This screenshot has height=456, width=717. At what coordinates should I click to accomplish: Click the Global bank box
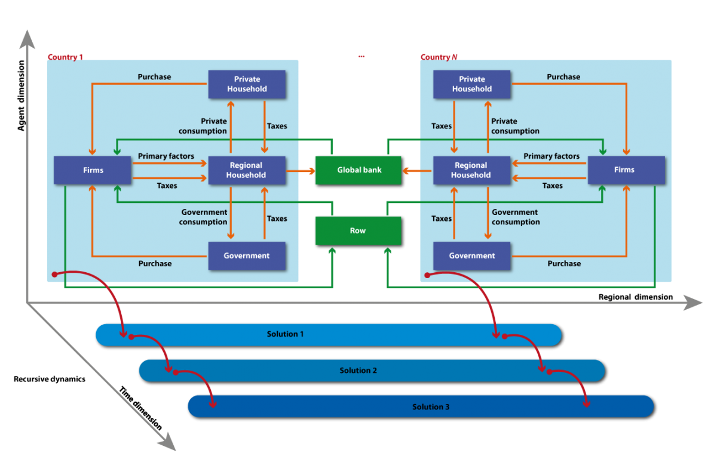coord(358,170)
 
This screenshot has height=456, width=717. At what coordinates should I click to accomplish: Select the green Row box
coord(358,230)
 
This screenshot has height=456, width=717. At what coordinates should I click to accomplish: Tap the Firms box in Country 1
coord(93,170)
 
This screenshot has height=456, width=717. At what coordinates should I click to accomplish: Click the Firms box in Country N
coord(626,170)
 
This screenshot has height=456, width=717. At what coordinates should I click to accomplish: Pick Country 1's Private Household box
coord(247,84)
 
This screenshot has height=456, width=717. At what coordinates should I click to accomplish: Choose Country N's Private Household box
coord(471,84)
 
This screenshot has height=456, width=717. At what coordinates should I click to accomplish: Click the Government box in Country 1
coord(247,255)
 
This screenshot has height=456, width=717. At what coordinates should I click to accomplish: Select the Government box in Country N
coord(471,255)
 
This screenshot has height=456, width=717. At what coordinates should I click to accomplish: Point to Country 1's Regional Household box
coord(246,170)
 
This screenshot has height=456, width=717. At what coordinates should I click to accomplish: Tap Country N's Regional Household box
coord(471,170)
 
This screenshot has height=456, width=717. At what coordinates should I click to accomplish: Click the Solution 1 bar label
coord(285,334)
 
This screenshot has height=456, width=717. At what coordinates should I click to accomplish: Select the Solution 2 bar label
coord(358,371)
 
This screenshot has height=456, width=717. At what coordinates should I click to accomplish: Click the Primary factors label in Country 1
coord(166,156)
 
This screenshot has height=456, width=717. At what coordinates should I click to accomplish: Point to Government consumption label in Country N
coord(516,217)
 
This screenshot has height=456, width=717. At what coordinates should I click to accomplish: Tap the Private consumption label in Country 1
coord(203,126)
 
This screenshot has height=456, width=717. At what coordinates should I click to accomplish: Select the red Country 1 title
coord(65,57)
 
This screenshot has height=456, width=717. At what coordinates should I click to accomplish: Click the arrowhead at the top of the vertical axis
coord(26,39)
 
